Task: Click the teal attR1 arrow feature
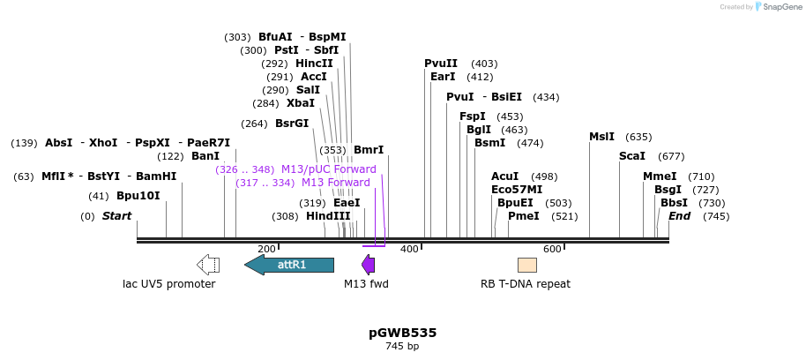[x=289, y=265]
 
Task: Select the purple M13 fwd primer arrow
[x=369, y=265]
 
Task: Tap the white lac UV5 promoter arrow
[x=208, y=265]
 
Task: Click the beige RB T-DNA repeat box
[x=526, y=265]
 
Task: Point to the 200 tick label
[x=266, y=250]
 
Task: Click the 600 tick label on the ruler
[x=552, y=250]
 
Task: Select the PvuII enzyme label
[x=441, y=64]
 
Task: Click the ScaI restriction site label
[x=632, y=156]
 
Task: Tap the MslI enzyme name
[x=601, y=137]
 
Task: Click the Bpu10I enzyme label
[x=138, y=196]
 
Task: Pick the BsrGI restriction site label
[x=292, y=124]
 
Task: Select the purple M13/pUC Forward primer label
[x=328, y=169]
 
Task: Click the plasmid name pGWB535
[x=402, y=333]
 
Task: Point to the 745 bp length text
[x=402, y=347]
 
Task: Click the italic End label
[x=679, y=216]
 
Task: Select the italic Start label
[x=116, y=216]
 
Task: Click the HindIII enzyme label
[x=328, y=216]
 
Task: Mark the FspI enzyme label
[x=473, y=116]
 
